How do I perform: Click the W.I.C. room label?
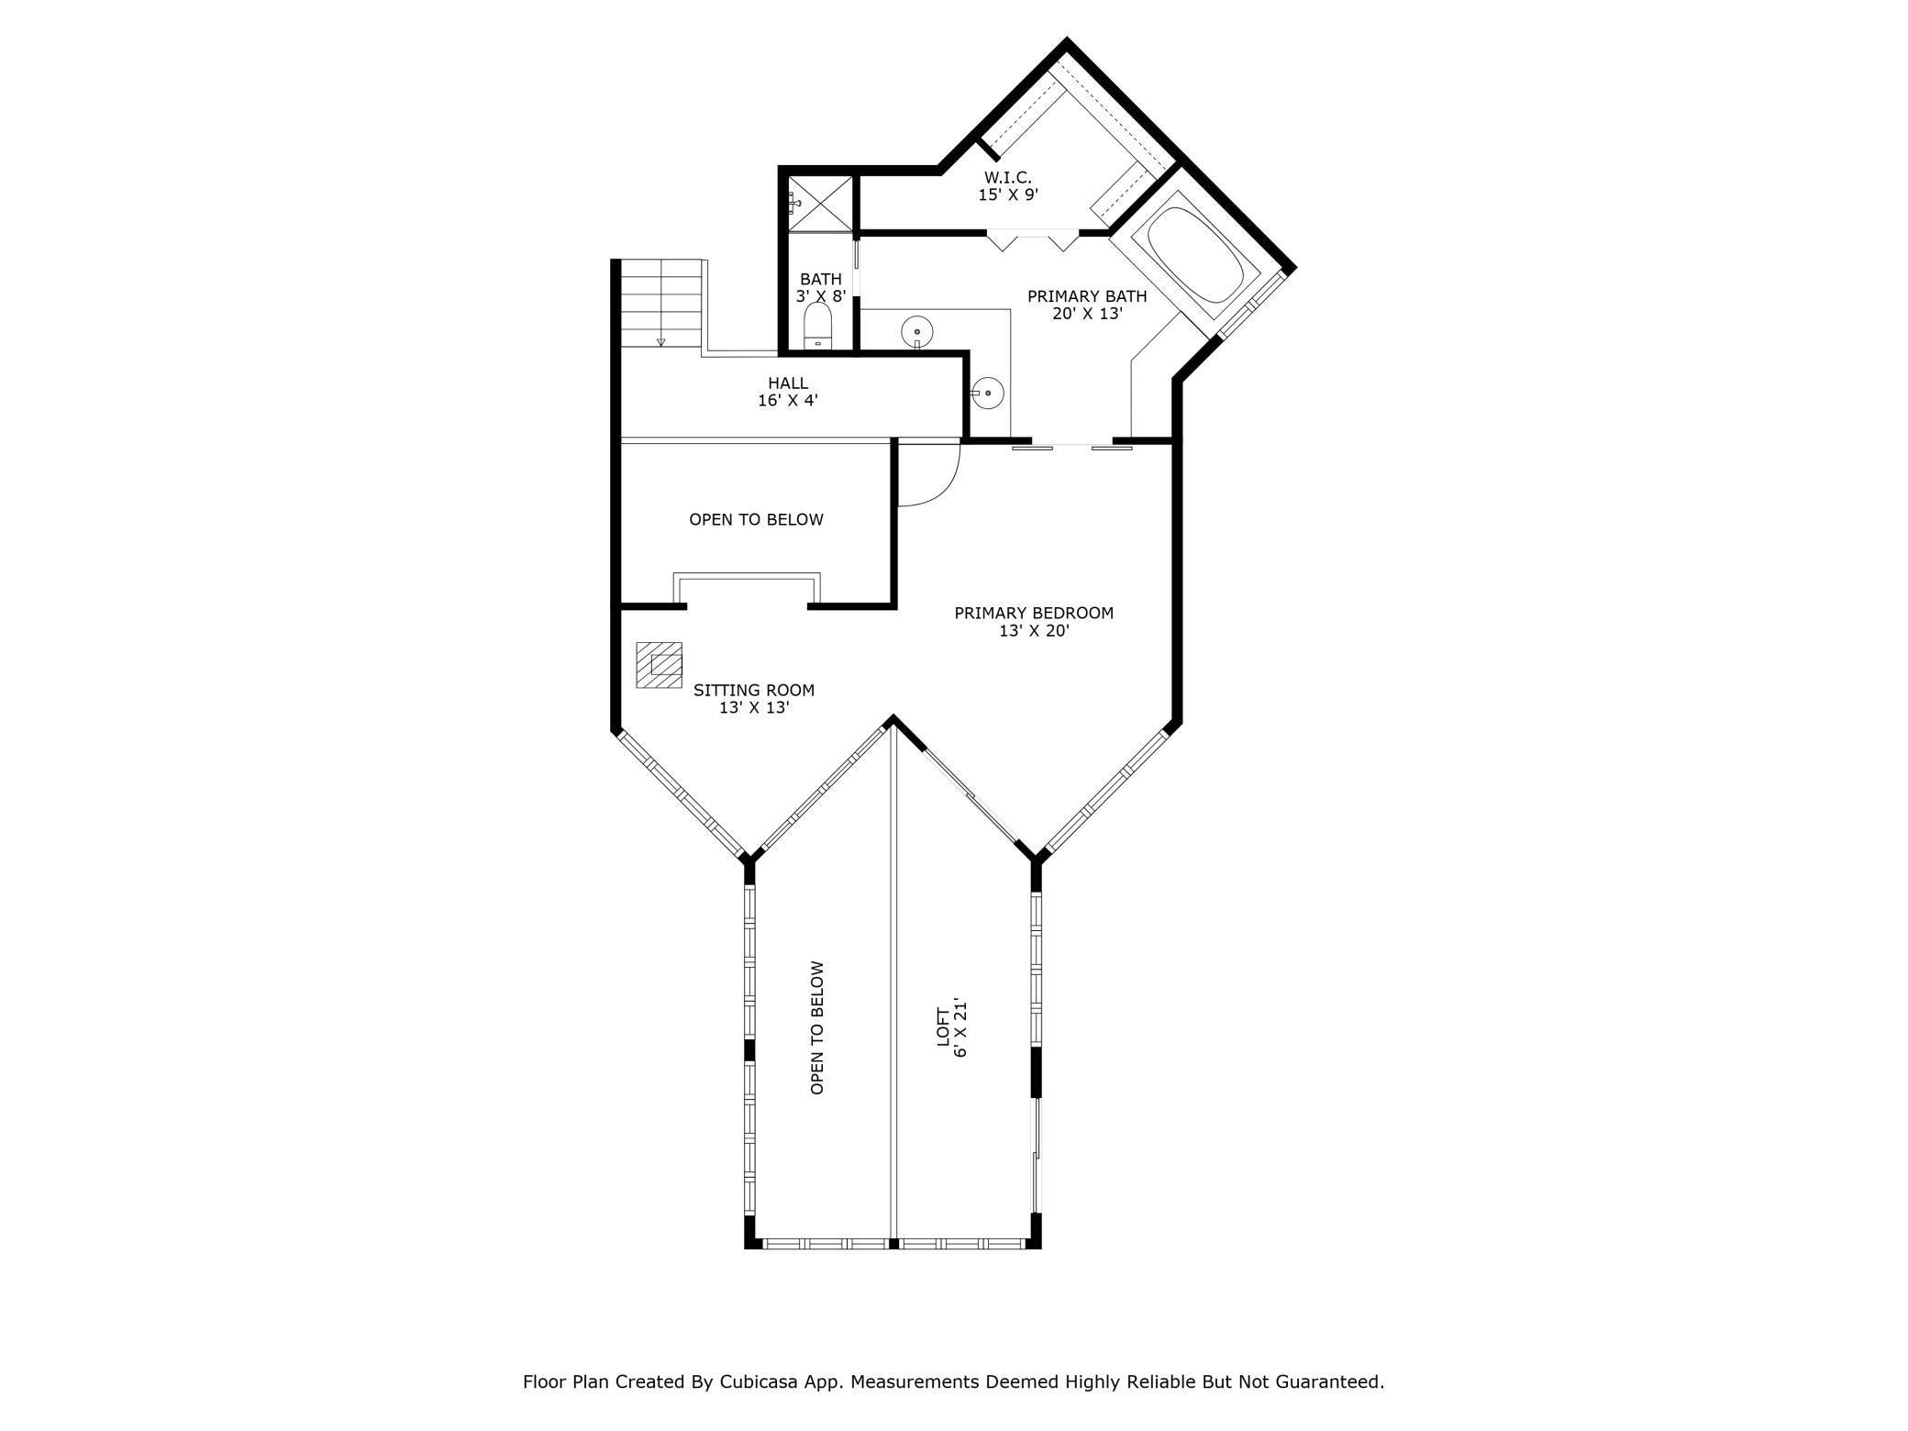pyautogui.click(x=1007, y=177)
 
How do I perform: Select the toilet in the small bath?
pyautogui.click(x=817, y=327)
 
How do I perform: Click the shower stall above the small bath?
pyautogui.click(x=819, y=203)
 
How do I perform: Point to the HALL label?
pyautogui.click(x=788, y=383)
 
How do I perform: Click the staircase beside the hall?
pyautogui.click(x=661, y=303)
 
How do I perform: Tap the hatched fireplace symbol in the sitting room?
pyautogui.click(x=660, y=664)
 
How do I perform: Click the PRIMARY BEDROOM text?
pyautogui.click(x=1034, y=613)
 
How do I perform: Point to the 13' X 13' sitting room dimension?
pyautogui.click(x=754, y=708)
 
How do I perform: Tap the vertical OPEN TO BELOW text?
pyautogui.click(x=817, y=1027)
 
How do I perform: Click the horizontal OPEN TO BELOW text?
pyautogui.click(x=756, y=519)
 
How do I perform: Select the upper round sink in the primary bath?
pyautogui.click(x=916, y=330)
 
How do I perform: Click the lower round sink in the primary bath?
pyautogui.click(x=989, y=393)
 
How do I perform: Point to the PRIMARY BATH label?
pyautogui.click(x=1086, y=296)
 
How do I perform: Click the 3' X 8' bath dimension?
pyautogui.click(x=820, y=296)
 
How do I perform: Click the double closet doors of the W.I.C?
pyautogui.click(x=1033, y=239)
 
